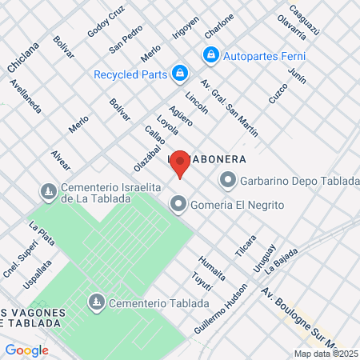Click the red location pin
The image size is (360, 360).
[181, 164]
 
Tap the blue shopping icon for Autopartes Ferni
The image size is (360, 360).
[211, 55]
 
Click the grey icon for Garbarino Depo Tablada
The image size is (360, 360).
[228, 180]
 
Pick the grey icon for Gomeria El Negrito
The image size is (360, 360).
[177, 206]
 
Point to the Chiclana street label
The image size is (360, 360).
[18, 59]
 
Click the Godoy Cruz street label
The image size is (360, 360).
[106, 23]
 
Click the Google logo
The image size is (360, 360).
[26, 350]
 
